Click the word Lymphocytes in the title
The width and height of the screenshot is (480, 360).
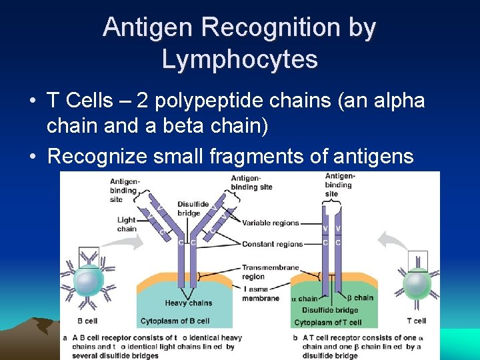239,60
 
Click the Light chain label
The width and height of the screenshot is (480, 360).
126,224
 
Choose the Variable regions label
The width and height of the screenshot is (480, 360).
270,223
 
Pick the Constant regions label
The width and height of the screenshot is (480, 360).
272,244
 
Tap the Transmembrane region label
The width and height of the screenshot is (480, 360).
270,272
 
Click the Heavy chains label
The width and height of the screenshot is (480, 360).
189,303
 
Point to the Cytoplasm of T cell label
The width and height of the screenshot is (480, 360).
328,323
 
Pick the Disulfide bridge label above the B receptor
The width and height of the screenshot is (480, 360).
189,209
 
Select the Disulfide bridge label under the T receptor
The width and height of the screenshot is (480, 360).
329,310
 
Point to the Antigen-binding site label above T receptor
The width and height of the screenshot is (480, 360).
339,185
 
